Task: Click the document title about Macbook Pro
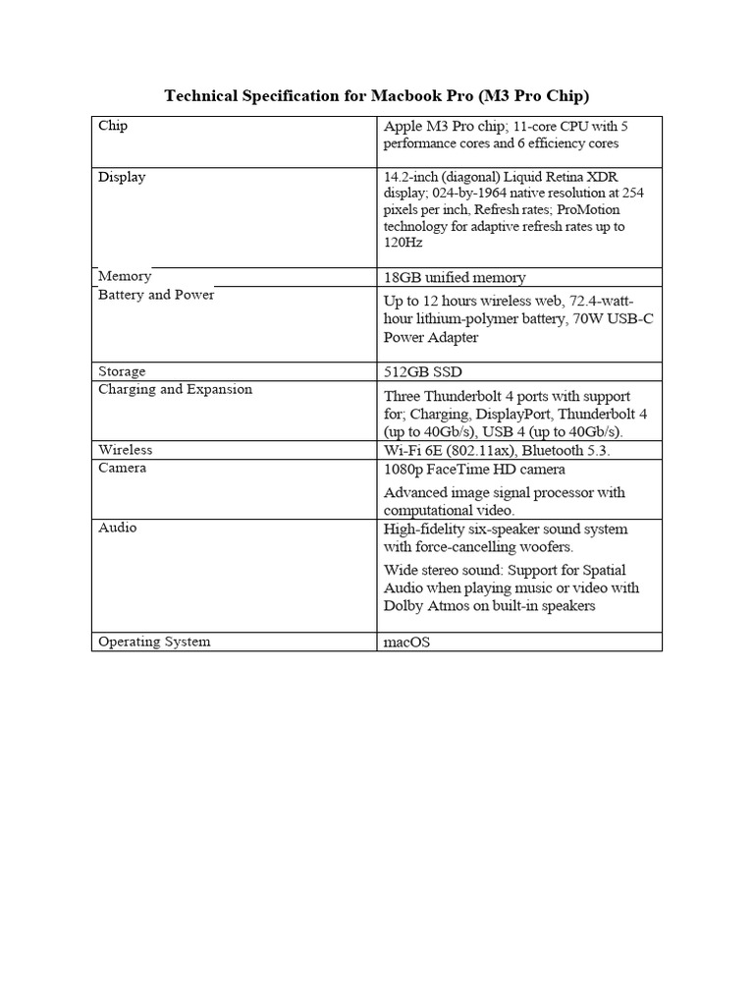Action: coord(376,95)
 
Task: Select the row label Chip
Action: coord(113,126)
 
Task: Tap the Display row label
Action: coord(122,177)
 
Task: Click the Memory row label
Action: coord(125,276)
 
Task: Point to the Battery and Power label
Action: coord(156,295)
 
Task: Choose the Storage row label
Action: coord(122,371)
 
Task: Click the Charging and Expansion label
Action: coord(175,389)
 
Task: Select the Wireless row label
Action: coord(126,449)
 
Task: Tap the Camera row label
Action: coord(123,468)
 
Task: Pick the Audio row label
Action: coord(118,528)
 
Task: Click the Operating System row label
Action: coord(154,642)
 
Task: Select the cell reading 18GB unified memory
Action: coord(455,278)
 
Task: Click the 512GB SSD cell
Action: coord(422,372)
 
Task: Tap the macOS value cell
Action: coord(406,642)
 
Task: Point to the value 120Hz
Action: coord(404,243)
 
